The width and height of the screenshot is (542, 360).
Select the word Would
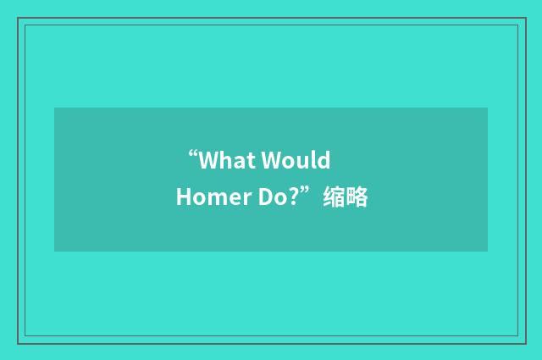click(x=296, y=160)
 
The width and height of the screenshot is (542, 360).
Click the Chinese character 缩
click(x=333, y=198)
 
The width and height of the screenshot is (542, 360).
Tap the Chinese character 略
click(x=357, y=198)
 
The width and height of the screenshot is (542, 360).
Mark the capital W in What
click(x=209, y=160)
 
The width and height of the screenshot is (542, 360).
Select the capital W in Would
click(x=273, y=160)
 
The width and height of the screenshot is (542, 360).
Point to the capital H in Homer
click(x=183, y=198)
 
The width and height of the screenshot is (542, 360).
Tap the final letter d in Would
click(x=324, y=160)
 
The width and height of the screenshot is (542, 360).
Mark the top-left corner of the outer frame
click(x=18, y=17)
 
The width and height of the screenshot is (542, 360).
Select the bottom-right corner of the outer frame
click(x=524, y=343)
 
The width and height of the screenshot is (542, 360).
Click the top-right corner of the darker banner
click(x=487, y=108)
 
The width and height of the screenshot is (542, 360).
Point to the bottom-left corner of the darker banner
click(x=54, y=252)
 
